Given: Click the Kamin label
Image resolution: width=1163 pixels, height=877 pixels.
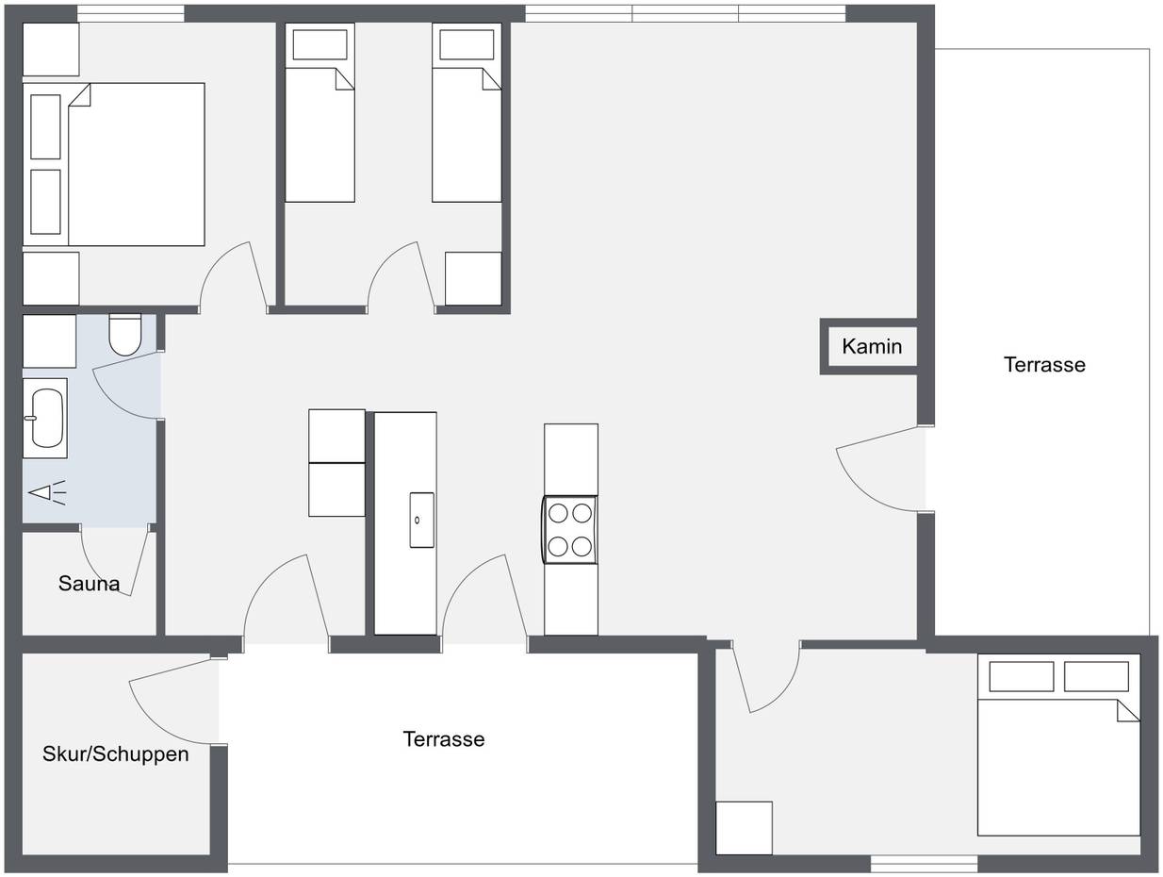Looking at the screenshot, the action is (872, 347).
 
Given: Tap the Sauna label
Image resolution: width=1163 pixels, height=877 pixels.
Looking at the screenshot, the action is (89, 584).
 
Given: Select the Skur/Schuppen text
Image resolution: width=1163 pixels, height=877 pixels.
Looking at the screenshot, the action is (116, 754).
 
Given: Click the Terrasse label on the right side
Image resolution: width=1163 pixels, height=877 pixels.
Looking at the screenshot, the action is (1044, 365).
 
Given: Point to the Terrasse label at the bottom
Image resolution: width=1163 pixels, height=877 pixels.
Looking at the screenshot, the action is (444, 739).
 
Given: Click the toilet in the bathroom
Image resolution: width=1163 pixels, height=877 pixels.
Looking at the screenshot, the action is (125, 335).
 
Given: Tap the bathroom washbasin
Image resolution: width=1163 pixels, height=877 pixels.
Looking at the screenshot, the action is (45, 418).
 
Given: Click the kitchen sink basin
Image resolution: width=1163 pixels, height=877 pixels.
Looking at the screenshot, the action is (422, 521).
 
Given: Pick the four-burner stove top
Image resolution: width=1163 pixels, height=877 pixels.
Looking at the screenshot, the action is (569, 530).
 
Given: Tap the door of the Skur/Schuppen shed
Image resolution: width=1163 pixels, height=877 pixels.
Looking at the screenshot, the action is (175, 701).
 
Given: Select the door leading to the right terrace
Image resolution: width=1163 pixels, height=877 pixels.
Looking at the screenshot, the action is (880, 469).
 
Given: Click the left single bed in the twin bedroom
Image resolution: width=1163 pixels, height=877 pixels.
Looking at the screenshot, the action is (320, 112).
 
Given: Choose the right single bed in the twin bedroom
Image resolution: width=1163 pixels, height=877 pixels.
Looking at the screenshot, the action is (467, 112).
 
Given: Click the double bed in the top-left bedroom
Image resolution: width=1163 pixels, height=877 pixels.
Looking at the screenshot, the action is (114, 164).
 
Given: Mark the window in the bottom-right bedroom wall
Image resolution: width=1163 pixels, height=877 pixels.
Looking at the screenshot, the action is (925, 865).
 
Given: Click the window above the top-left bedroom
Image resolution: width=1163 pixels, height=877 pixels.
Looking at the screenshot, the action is (131, 14).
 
